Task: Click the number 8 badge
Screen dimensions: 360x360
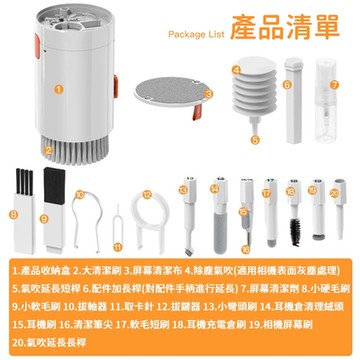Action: [13, 213]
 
